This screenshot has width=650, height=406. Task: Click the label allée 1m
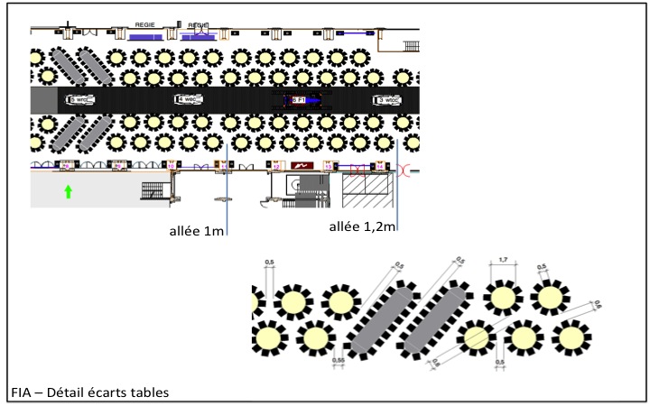tap(196, 232)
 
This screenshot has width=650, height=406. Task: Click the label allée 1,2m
tap(360, 225)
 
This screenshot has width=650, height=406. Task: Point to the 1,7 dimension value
tap(502, 262)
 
